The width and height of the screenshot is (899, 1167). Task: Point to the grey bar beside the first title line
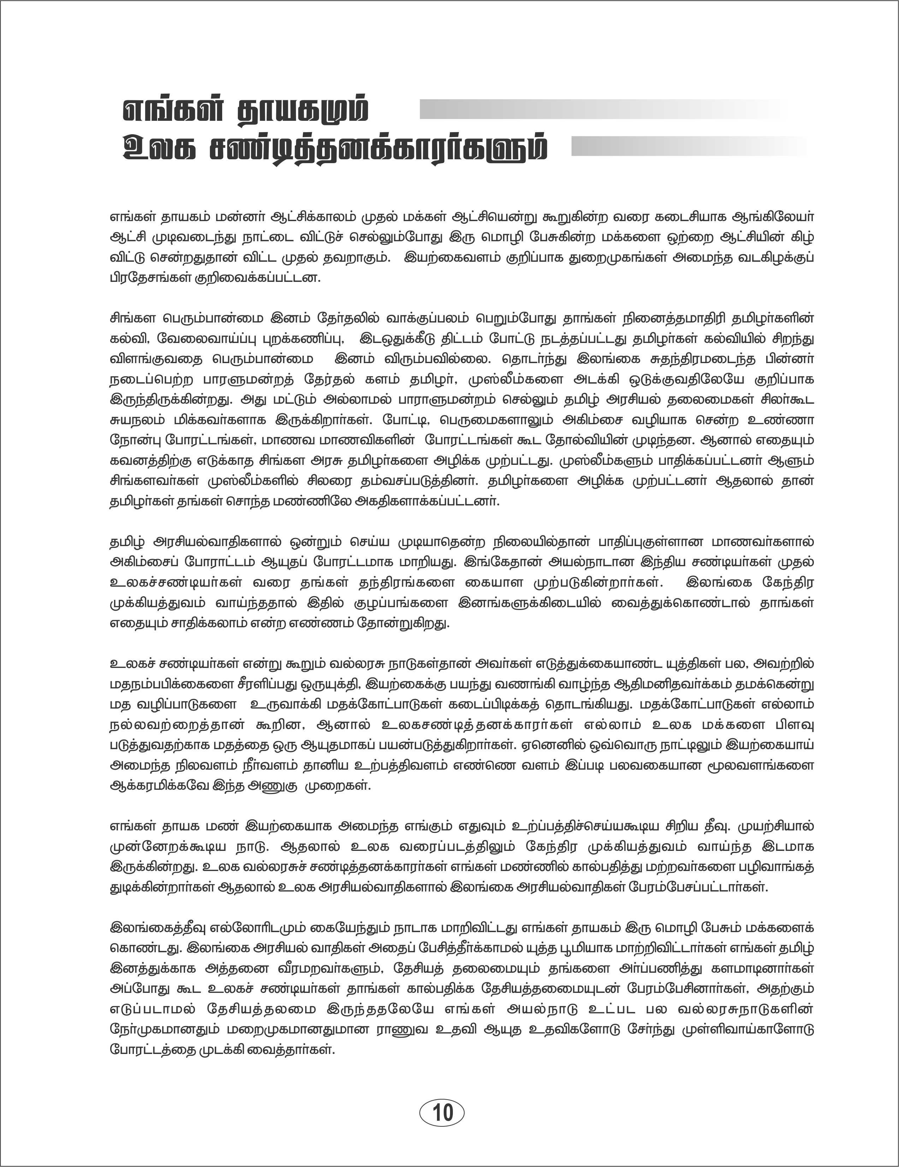tap(599, 109)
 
